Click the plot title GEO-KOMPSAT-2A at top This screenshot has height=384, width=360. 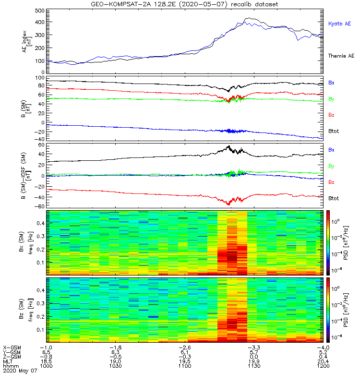133,4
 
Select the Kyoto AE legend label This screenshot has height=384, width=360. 339,24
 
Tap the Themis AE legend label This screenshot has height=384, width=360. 341,56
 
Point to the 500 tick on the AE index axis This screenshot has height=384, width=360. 40,11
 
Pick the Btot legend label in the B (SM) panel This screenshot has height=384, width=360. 334,131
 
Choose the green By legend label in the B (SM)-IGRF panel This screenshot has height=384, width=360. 331,166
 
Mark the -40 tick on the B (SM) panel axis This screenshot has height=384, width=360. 40,139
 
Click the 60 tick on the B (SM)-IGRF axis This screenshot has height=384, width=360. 41,145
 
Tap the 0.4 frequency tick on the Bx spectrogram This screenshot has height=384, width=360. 40,223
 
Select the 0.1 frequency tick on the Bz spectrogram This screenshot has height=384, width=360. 40,330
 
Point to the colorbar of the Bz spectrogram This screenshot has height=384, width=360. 328,310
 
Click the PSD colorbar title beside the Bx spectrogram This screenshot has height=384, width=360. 346,243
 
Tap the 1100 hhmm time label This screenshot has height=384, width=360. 185,366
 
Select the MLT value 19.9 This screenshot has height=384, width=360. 254,361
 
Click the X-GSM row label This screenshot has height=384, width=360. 12,348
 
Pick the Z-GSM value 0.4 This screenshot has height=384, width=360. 323,357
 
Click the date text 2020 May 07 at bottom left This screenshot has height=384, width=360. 20,371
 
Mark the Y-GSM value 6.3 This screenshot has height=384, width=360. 115,352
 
